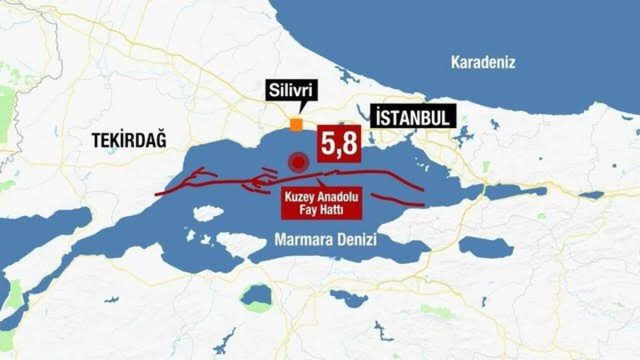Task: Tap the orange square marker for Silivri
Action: coord(295,124)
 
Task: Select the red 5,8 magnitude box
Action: coord(340,143)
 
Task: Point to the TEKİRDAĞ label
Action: coord(129,141)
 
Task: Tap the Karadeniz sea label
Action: coord(483,63)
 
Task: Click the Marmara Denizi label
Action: coord(325,241)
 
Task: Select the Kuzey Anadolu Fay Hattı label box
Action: coord(322,203)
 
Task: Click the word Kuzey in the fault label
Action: coord(301,197)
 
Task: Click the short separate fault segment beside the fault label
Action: coord(397,201)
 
